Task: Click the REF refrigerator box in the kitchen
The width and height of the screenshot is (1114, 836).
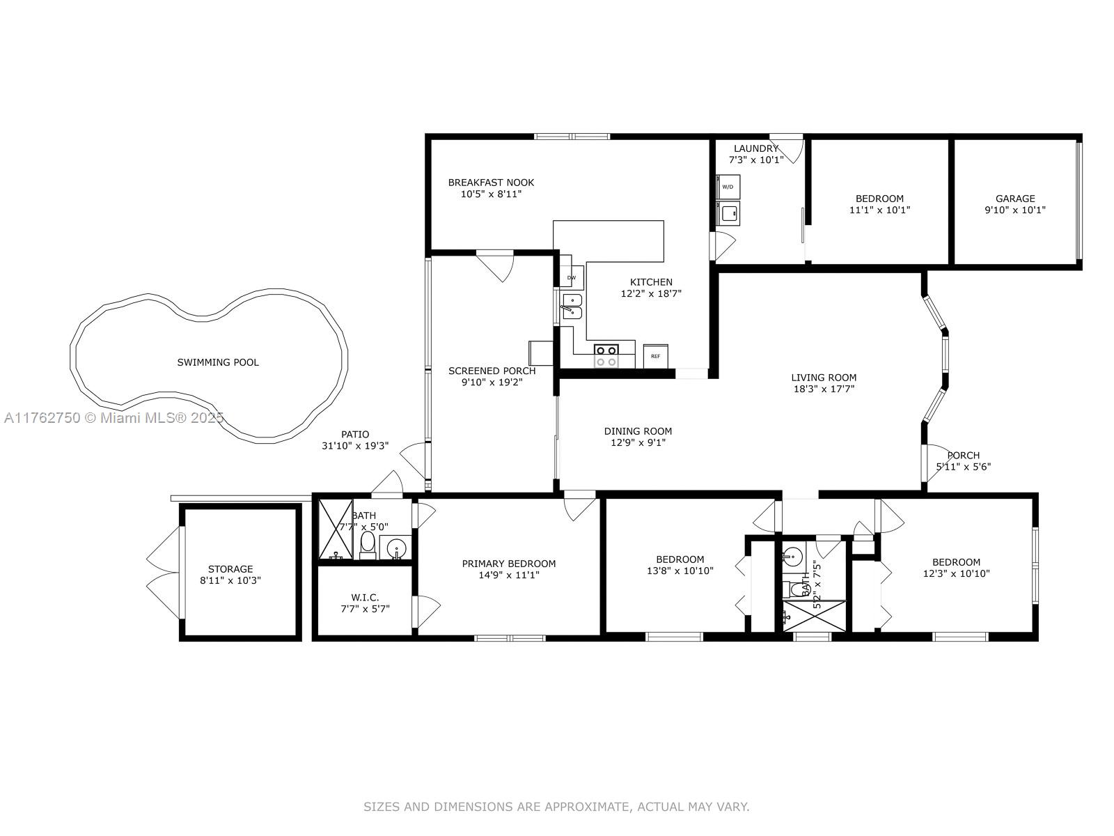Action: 655,356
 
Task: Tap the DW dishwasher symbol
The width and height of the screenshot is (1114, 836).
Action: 572,277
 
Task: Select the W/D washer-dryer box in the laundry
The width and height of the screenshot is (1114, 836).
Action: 728,187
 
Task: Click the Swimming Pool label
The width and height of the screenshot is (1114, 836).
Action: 218,362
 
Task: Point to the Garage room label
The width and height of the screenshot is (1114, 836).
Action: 1015,199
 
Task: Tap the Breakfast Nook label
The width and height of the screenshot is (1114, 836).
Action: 491,183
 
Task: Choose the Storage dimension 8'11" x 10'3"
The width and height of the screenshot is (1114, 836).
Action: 230,580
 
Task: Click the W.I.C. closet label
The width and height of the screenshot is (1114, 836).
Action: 364,598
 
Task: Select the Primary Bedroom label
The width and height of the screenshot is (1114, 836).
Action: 508,564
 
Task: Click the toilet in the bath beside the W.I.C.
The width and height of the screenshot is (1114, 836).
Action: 368,545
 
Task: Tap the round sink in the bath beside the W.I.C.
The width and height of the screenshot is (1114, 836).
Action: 396,548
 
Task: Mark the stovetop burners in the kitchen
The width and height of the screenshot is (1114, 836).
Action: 606,356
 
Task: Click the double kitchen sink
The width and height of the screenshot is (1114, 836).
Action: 572,306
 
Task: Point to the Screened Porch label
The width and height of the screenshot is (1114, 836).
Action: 492,371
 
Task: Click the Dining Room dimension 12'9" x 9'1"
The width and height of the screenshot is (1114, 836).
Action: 638,442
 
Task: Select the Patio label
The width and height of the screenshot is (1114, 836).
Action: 355,435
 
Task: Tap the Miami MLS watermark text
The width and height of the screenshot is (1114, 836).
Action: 113,418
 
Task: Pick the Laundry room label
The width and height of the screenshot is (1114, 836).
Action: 755,148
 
